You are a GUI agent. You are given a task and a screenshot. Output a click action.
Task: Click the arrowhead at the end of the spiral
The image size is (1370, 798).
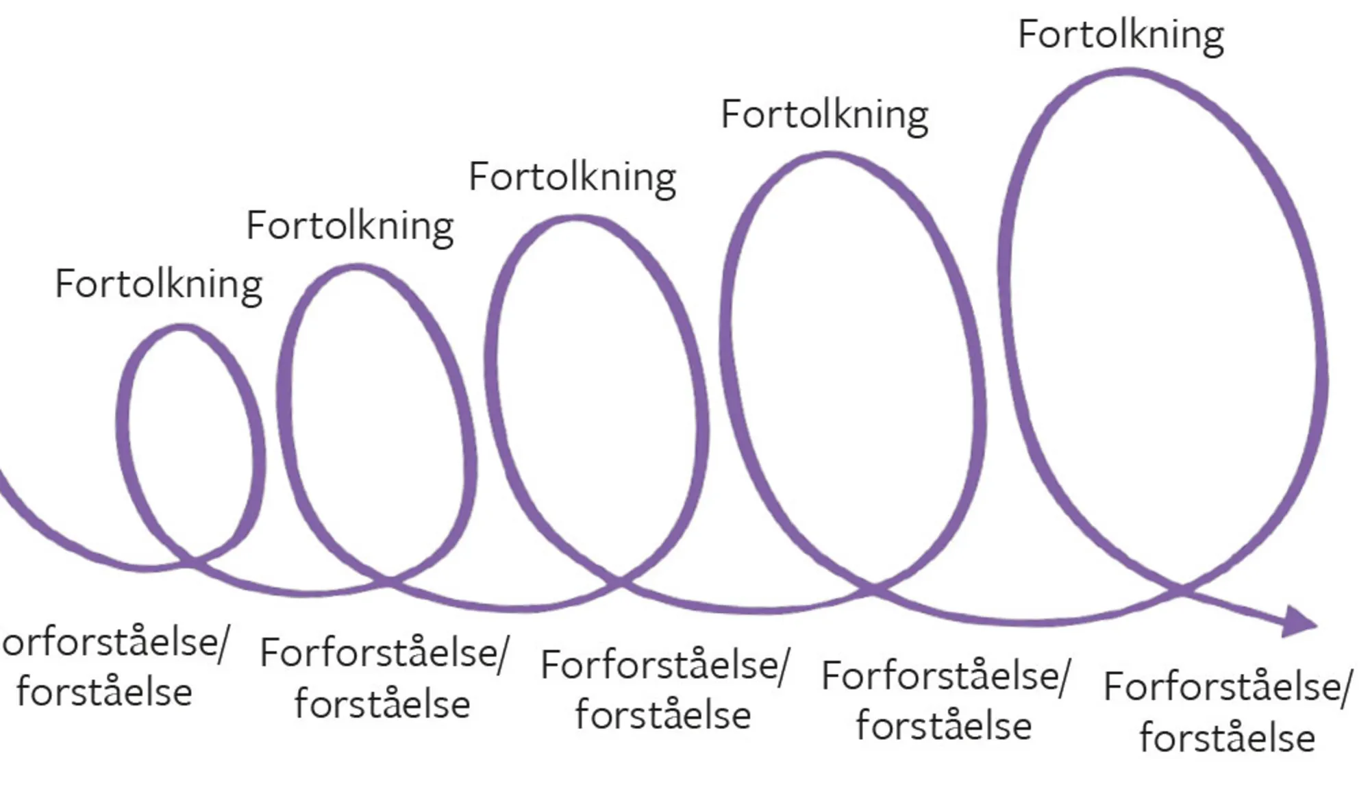pos(1298,621)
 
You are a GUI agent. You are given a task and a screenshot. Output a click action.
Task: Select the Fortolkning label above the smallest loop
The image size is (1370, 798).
pos(158,284)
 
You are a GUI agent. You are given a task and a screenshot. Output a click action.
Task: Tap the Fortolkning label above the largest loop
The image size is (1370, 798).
pos(1121,35)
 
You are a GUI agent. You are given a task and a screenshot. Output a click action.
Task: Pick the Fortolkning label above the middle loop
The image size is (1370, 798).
pos(572,177)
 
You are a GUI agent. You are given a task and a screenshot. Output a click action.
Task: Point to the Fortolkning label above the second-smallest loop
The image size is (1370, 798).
pos(349,226)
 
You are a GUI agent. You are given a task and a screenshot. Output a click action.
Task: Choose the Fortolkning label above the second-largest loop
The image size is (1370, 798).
pos(824,114)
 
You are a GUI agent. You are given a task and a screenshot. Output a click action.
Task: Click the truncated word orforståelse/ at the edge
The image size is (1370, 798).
pos(114,643)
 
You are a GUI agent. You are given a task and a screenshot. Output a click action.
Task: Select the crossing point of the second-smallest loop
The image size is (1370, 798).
pos(388,582)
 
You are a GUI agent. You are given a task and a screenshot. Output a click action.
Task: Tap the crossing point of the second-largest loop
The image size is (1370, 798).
pos(872,588)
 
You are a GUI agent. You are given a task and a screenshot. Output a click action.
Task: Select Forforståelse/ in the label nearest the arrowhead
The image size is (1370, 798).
pos(1228,687)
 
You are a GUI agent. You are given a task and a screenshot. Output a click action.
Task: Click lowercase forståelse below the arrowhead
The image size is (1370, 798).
pos(1227,738)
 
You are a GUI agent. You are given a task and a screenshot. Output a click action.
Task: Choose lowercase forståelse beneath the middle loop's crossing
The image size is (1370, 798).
pos(662,715)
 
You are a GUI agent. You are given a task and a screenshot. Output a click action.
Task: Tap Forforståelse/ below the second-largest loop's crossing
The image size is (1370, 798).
pos(945,676)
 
